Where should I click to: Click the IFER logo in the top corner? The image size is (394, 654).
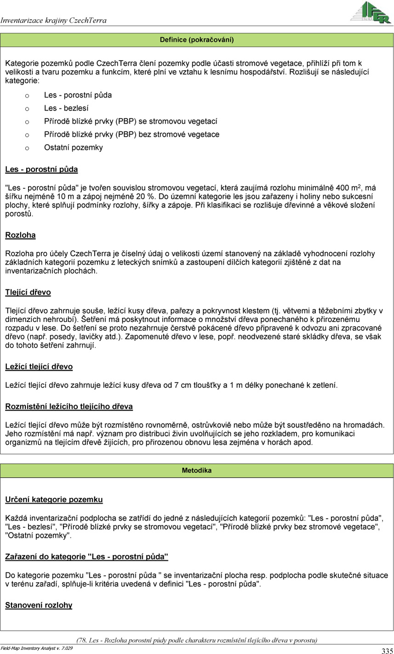coord(372,12)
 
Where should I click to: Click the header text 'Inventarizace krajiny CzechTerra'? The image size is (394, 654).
coord(54,21)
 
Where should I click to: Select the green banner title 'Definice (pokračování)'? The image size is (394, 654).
coord(197,40)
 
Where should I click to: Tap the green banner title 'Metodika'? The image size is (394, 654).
coord(197,471)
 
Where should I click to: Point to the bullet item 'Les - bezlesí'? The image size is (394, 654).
coord(66,108)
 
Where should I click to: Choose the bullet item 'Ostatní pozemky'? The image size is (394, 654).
coord(74,147)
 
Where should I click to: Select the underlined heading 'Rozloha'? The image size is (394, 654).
coord(20,235)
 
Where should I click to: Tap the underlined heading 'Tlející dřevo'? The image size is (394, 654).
coord(28,293)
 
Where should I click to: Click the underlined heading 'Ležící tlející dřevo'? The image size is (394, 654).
coord(39,366)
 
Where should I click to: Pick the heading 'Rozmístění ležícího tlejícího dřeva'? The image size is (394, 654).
coord(69,406)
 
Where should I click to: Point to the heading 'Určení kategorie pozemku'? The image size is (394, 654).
coord(54,499)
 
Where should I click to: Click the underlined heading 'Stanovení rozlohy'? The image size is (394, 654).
coord(39,605)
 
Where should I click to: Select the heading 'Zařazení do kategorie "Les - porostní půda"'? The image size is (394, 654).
coord(86,557)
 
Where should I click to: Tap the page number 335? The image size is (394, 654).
coord(387,650)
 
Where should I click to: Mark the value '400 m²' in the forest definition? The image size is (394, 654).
coord(351,187)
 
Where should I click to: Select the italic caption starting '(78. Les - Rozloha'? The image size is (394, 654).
coord(197,640)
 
